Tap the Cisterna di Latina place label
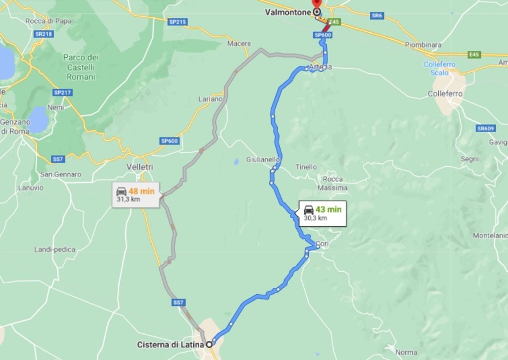pos(170,344)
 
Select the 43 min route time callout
pos(322,213)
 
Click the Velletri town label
pos(140,167)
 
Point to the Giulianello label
pos(263,159)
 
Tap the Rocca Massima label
pos(333,183)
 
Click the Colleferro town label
pos(446,93)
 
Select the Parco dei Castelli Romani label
pos(81,66)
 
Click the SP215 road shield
pos(177,22)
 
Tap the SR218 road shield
pos(43,34)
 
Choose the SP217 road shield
pos(61,92)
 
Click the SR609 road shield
pos(486,128)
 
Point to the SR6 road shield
pos(377,16)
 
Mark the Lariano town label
pos(210,99)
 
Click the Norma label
pos(406,352)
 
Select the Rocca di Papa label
pos(48,21)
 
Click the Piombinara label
pos(423,44)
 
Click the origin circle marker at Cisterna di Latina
pos(209,344)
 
